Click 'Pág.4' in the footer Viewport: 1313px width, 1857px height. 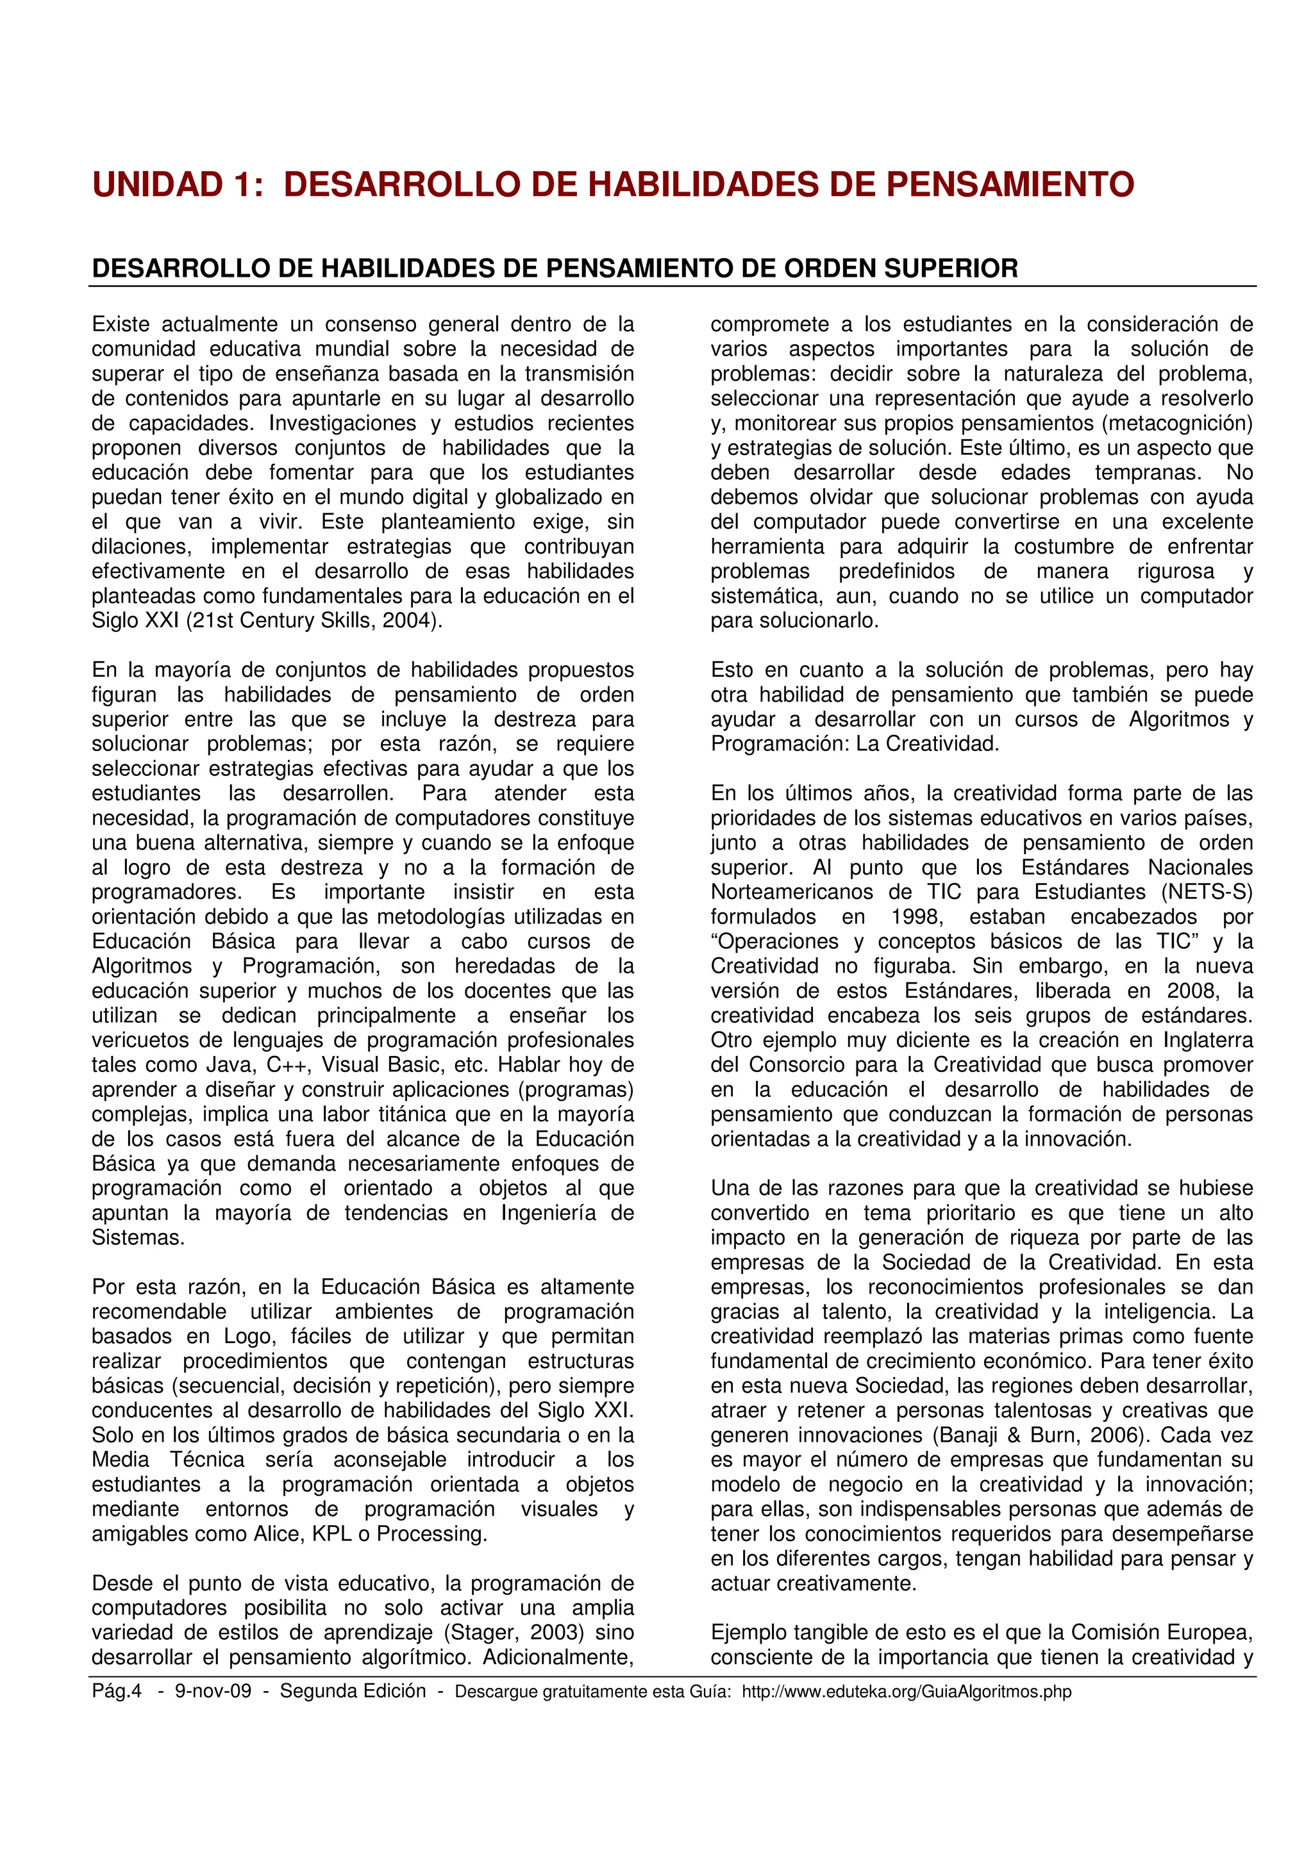[117, 1691]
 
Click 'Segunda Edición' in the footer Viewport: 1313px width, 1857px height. [353, 1691]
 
